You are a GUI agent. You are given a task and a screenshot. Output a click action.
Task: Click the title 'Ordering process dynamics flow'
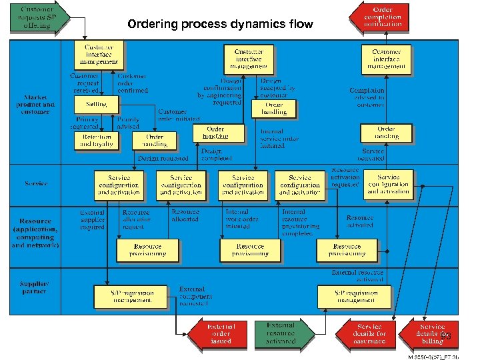point(219,25)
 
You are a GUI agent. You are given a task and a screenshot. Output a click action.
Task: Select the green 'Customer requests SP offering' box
point(37,18)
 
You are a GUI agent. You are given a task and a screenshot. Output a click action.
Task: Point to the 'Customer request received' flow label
point(85,83)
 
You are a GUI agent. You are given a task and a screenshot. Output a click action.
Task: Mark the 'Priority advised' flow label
point(127,123)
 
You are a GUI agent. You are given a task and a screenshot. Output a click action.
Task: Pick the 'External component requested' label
point(194,296)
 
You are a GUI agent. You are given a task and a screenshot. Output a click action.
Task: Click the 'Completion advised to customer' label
point(367,97)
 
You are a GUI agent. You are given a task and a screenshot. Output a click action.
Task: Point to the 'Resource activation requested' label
point(345,177)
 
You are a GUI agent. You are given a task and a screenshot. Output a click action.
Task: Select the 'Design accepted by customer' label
point(277,88)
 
